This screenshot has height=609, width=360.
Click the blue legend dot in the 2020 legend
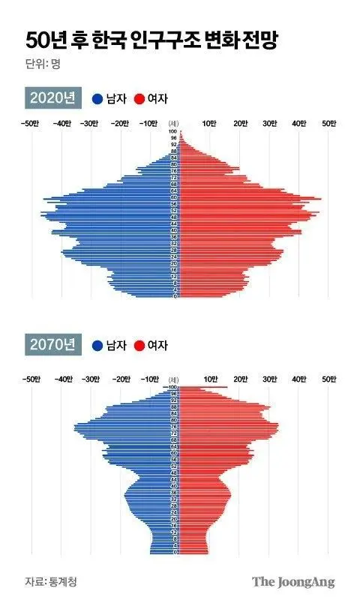click(97, 99)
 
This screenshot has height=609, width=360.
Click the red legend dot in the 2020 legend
click(139, 99)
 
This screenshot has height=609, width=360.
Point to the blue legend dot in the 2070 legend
click(97, 346)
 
